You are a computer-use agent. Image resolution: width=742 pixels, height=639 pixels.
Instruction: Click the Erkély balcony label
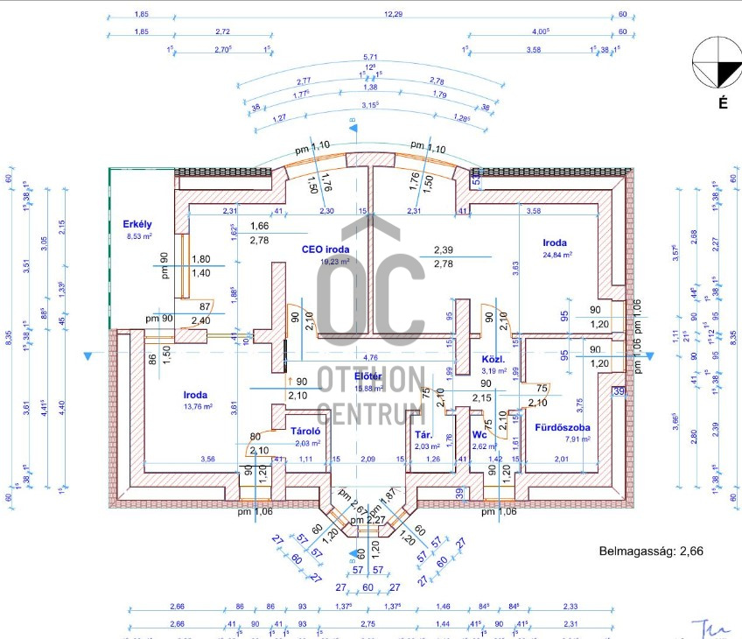pyautogui.click(x=138, y=224)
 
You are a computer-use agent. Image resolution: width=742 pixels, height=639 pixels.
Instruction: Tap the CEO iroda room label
pyautogui.click(x=325, y=249)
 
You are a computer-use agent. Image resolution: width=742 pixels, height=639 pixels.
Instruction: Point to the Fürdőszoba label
pyautogui.click(x=563, y=428)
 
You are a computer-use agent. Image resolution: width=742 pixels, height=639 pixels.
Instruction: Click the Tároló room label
pyautogui.click(x=307, y=431)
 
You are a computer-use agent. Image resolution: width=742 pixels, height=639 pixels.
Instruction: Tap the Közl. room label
pyautogui.click(x=493, y=360)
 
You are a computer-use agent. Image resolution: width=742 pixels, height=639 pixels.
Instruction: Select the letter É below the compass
pyautogui.click(x=723, y=103)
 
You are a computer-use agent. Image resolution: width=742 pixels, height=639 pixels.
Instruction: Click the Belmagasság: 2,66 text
pyautogui.click(x=650, y=551)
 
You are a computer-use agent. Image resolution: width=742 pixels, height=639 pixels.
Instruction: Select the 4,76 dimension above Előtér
pyautogui.click(x=370, y=356)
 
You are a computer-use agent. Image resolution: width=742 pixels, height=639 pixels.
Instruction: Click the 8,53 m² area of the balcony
pyautogui.click(x=139, y=236)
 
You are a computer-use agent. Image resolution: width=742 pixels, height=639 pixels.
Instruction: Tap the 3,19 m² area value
pyautogui.click(x=494, y=371)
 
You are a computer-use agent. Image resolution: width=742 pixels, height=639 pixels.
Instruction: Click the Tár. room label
pyautogui.click(x=425, y=434)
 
